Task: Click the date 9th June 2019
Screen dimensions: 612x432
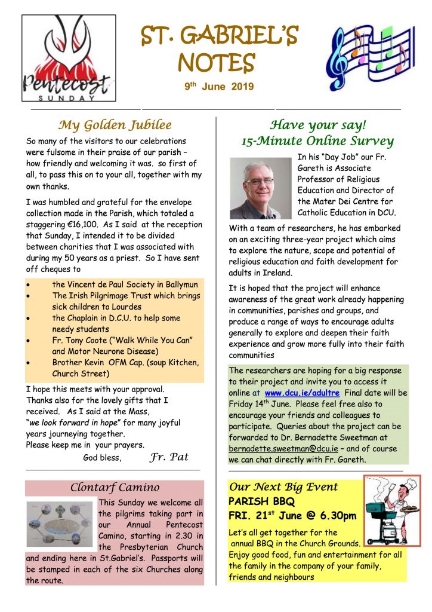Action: pyautogui.click(x=219, y=87)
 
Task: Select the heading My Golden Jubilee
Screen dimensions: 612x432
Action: pyautogui.click(x=115, y=125)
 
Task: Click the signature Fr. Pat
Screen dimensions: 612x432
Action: pyautogui.click(x=169, y=457)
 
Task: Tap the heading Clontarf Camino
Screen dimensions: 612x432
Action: pyautogui.click(x=115, y=487)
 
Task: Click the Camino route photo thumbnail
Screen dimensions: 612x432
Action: pyautogui.click(x=60, y=524)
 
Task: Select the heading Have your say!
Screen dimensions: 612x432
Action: pyautogui.click(x=317, y=125)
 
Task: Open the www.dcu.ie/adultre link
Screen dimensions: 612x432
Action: pyautogui.click(x=302, y=393)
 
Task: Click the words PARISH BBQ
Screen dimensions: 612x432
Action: pyautogui.click(x=262, y=501)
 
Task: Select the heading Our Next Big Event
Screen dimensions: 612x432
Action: pyautogui.click(x=283, y=486)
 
